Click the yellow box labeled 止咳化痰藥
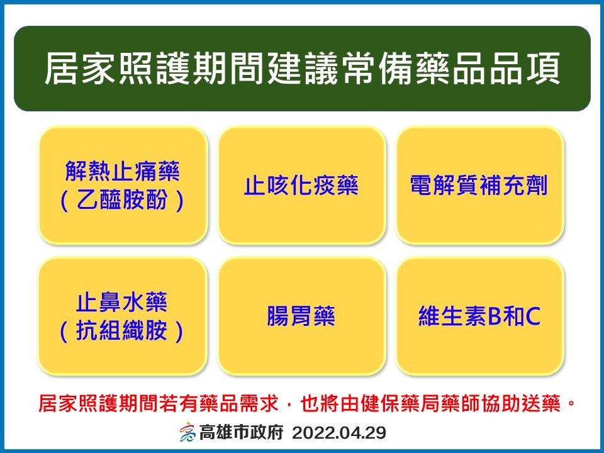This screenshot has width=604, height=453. click(301, 185)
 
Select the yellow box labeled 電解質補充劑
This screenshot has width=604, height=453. click(479, 185)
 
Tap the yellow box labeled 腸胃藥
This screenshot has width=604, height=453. click(301, 316)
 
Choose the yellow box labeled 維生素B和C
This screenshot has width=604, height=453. click(479, 316)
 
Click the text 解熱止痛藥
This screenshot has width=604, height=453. click(123, 171)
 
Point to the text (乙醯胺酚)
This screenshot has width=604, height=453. click(123, 200)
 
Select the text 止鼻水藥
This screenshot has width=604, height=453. click(121, 302)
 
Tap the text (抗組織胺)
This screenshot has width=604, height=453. click(121, 331)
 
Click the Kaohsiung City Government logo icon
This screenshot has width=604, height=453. click(187, 432)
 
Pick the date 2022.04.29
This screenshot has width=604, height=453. click(339, 433)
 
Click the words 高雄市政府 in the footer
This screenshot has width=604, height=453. click(241, 433)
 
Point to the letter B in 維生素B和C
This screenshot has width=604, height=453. click(495, 316)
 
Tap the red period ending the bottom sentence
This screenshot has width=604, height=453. click(571, 404)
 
